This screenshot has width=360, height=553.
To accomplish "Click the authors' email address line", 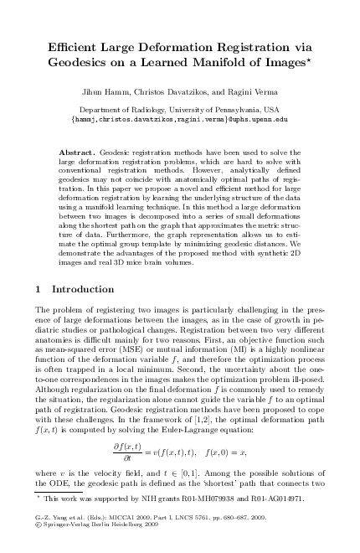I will click(x=180, y=119).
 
